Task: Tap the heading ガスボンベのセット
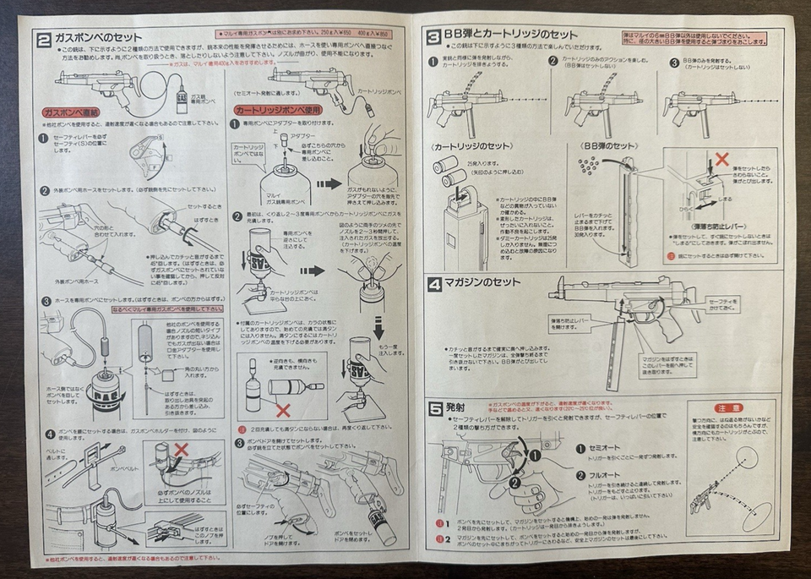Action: coord(96,38)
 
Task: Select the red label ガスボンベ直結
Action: coord(70,112)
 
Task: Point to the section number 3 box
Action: coord(433,35)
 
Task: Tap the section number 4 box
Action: coord(433,283)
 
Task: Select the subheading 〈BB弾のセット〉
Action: coord(608,146)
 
